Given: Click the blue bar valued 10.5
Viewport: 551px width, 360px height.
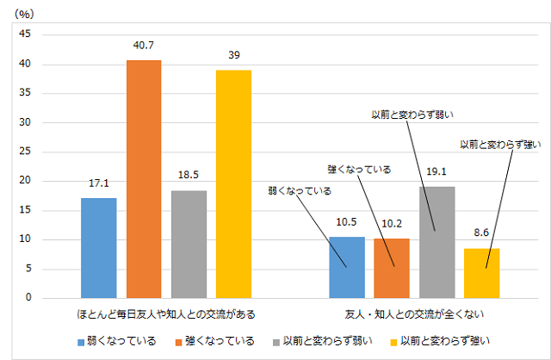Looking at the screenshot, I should [x=347, y=267].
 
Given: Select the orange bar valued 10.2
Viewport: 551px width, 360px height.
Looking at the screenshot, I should [x=393, y=268].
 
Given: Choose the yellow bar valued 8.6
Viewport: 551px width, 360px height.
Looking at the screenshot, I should [x=482, y=273].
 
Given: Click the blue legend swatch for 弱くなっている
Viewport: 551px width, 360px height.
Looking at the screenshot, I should [x=81, y=342].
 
